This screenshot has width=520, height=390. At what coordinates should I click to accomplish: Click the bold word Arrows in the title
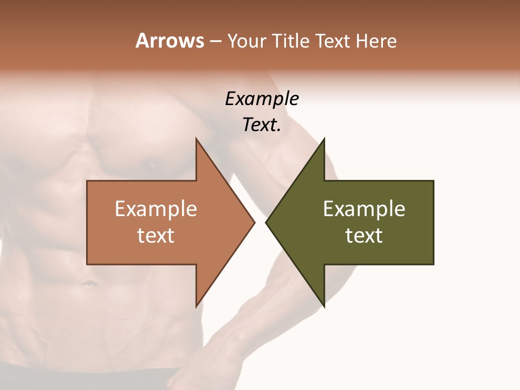(x=170, y=41)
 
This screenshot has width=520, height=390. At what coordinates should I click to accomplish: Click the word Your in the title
(x=246, y=41)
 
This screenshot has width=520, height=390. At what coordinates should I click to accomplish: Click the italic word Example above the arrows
(x=262, y=99)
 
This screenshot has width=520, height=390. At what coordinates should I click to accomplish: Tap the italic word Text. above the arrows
(x=262, y=125)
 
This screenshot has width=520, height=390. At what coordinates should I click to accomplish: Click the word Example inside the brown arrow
(x=156, y=209)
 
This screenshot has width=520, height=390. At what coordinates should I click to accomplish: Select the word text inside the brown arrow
(x=156, y=236)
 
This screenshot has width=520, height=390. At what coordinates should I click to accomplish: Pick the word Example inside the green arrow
(x=364, y=209)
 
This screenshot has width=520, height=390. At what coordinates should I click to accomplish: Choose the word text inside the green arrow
(x=364, y=236)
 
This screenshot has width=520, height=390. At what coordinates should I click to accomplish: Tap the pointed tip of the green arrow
(x=266, y=222)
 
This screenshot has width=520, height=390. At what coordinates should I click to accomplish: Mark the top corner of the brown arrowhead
(x=196, y=139)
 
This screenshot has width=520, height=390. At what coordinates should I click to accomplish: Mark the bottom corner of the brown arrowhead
(x=196, y=306)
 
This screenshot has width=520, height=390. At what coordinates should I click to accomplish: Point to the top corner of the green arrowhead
(x=324, y=139)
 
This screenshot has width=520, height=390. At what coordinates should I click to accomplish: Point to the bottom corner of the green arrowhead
(x=324, y=306)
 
